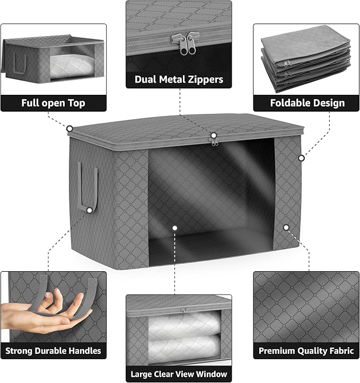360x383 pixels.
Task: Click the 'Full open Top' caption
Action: [x=53, y=103]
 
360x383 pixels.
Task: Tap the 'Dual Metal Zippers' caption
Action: [x=179, y=80]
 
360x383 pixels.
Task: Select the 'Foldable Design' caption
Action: [x=306, y=103]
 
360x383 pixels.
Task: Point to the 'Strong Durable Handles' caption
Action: [x=53, y=350]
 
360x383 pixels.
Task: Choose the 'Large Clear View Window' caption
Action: [x=179, y=373]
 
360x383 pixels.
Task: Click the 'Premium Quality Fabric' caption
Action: [x=306, y=350]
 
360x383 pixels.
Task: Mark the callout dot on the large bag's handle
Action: [x=89, y=210]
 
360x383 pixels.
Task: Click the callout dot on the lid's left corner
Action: [x=69, y=128]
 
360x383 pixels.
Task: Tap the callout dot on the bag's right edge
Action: [x=301, y=157]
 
